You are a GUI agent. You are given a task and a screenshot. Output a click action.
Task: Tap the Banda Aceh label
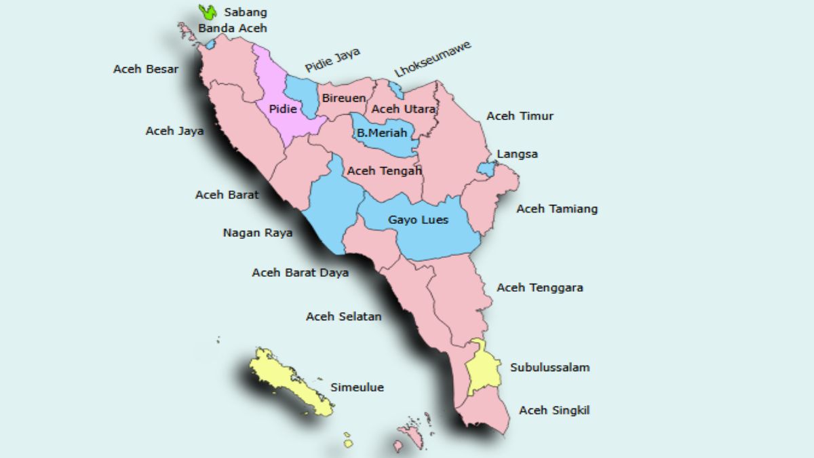tap(233, 28)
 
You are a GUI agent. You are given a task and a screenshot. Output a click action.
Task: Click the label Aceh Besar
tap(146, 69)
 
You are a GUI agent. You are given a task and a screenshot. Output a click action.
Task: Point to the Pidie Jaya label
tap(332, 60)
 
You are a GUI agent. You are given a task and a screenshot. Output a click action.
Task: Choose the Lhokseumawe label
tap(432, 60)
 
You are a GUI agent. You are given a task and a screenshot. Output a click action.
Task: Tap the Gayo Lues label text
tap(418, 220)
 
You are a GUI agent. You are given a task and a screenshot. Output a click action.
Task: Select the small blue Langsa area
tap(486, 168)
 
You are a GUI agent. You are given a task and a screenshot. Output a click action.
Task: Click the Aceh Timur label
tap(520, 116)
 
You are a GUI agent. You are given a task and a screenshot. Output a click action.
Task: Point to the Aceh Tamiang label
tap(557, 209)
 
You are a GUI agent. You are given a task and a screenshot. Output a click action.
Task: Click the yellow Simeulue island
tap(289, 381)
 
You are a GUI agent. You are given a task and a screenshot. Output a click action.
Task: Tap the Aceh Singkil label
tap(554, 411)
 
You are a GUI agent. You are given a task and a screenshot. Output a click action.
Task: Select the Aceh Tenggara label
tap(540, 288)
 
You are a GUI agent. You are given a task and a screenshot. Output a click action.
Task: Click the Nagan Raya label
tap(258, 233)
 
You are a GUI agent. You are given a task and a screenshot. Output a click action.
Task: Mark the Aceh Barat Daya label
tap(301, 273)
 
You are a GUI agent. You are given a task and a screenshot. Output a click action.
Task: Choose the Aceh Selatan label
tap(344, 317)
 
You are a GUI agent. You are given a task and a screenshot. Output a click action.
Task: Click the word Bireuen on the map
tap(344, 98)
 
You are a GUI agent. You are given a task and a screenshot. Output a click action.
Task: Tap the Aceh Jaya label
tap(174, 132)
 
